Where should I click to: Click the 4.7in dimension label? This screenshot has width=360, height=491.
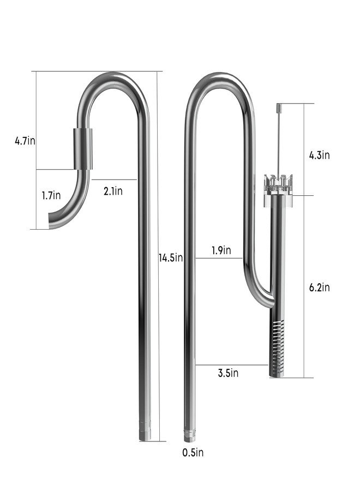click(25, 141)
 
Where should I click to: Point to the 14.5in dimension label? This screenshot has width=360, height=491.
click(170, 258)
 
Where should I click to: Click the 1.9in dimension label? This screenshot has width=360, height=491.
click(221, 250)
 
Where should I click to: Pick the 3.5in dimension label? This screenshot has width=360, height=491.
click(228, 373)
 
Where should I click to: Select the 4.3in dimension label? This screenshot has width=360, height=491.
click(319, 155)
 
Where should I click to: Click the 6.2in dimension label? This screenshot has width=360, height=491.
click(319, 288)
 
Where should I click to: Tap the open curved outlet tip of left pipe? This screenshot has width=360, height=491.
click(53, 223)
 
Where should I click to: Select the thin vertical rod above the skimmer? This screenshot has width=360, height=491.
click(278, 142)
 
